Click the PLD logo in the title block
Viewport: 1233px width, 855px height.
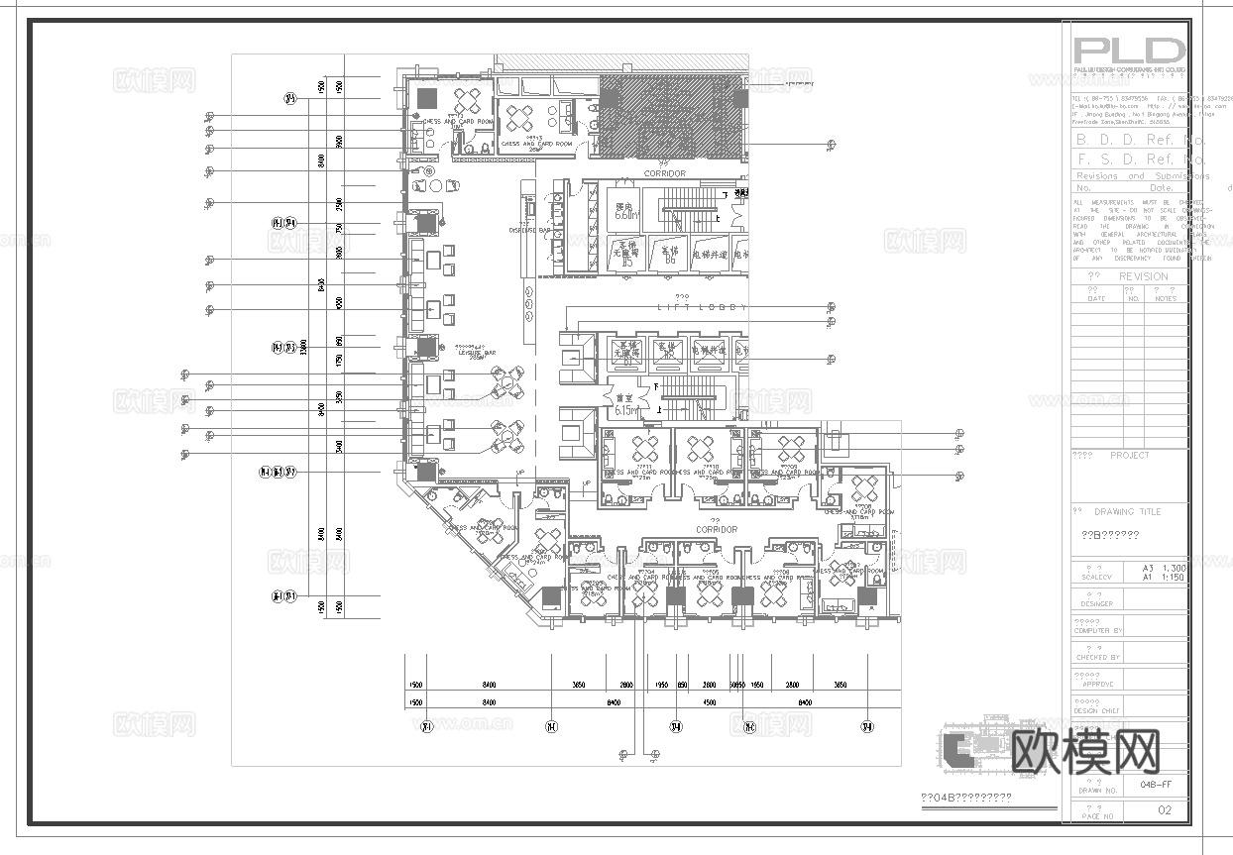click(1130, 52)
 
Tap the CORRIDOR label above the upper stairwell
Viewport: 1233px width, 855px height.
click(664, 173)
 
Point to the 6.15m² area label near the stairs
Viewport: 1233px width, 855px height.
click(626, 409)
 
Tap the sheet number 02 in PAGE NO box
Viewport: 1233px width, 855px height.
click(1165, 810)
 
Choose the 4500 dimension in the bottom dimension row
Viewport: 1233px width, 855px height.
click(710, 702)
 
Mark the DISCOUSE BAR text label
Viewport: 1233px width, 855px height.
click(529, 230)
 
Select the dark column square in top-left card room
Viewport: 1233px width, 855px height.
click(428, 98)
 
